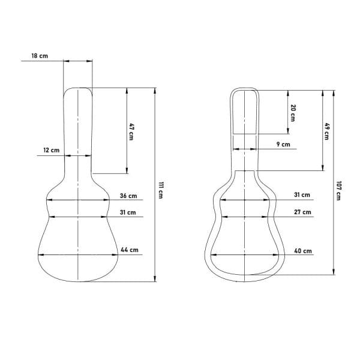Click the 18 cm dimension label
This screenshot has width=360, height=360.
40,56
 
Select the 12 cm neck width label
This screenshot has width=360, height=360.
52,150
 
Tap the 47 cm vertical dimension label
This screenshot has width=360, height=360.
131,132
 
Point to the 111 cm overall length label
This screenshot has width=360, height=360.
161,190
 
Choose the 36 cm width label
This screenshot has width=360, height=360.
128,196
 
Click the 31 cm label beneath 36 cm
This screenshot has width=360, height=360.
128,212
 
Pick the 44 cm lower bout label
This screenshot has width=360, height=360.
130,250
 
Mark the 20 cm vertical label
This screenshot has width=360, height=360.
293,113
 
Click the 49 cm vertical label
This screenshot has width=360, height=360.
326,131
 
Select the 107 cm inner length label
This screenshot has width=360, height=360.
338,191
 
